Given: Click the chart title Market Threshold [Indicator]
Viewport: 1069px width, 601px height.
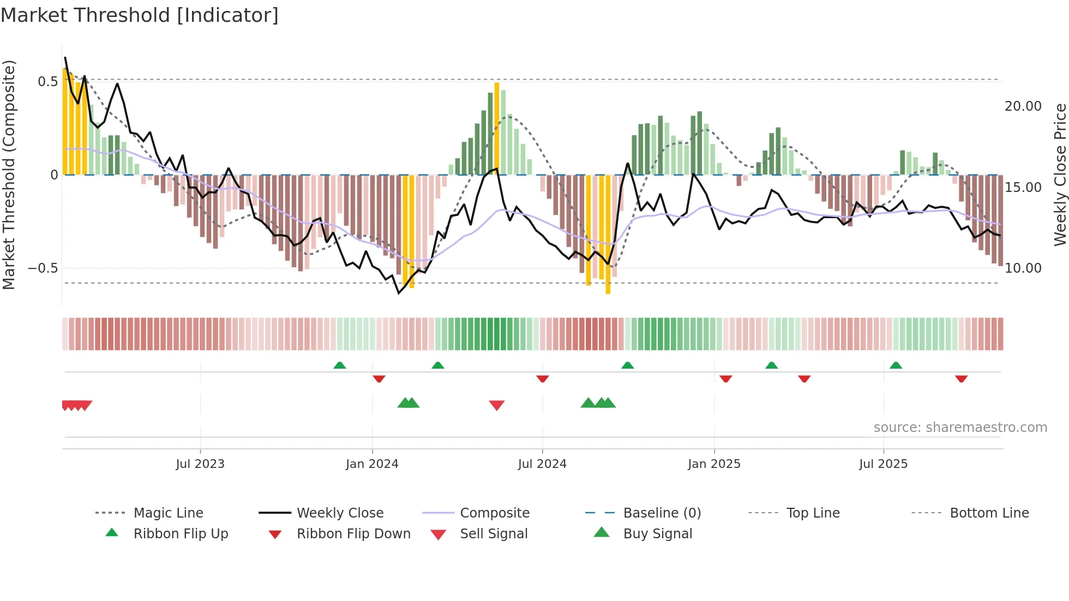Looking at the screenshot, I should [x=140, y=15].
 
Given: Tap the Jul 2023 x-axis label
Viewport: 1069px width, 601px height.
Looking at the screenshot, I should [x=200, y=464].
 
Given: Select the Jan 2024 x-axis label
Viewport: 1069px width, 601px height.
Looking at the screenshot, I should [x=372, y=464].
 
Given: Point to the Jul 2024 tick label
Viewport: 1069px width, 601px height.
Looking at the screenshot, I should [x=542, y=464].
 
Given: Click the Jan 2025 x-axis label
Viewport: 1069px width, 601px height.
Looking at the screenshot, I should [x=714, y=464].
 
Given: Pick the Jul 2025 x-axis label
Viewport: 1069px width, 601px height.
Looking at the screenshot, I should [x=883, y=464].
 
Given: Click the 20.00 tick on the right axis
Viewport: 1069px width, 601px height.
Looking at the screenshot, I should [x=1023, y=106].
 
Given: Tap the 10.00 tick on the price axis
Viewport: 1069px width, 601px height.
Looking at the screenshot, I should [x=1023, y=268].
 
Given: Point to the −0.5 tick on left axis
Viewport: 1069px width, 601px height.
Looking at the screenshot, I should [x=43, y=268].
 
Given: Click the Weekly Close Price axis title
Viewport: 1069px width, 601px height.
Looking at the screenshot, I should [x=1060, y=175].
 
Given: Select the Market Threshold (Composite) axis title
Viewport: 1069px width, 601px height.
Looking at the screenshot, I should [x=9, y=175].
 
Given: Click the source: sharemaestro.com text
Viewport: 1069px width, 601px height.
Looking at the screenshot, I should [x=960, y=428].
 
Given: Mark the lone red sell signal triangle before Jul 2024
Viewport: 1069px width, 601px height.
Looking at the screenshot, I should [x=496, y=405].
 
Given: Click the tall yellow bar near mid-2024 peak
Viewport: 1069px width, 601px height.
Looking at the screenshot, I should [x=497, y=128].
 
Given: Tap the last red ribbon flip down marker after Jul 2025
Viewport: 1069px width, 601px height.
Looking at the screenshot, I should [x=961, y=378].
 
